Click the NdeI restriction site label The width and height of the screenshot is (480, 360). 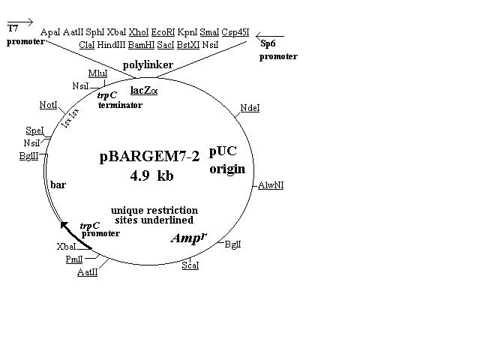tap(250, 109)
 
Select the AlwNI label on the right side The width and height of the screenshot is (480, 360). tap(271, 185)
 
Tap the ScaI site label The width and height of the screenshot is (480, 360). tap(190, 266)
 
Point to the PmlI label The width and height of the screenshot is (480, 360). tap(73, 259)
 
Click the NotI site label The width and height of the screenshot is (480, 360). tap(49, 104)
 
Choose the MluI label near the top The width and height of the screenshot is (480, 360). tap(97, 73)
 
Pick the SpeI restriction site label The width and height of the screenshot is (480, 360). tap(34, 130)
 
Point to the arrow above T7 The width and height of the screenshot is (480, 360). tap(20, 20)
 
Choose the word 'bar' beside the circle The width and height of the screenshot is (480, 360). tap(58, 184)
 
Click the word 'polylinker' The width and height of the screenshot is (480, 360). tap(148, 65)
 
